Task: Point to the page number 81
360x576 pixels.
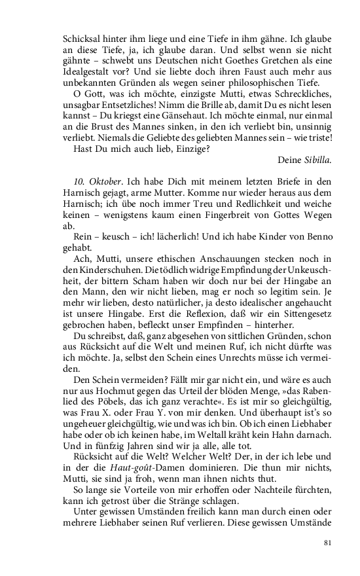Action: pos(329,543)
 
